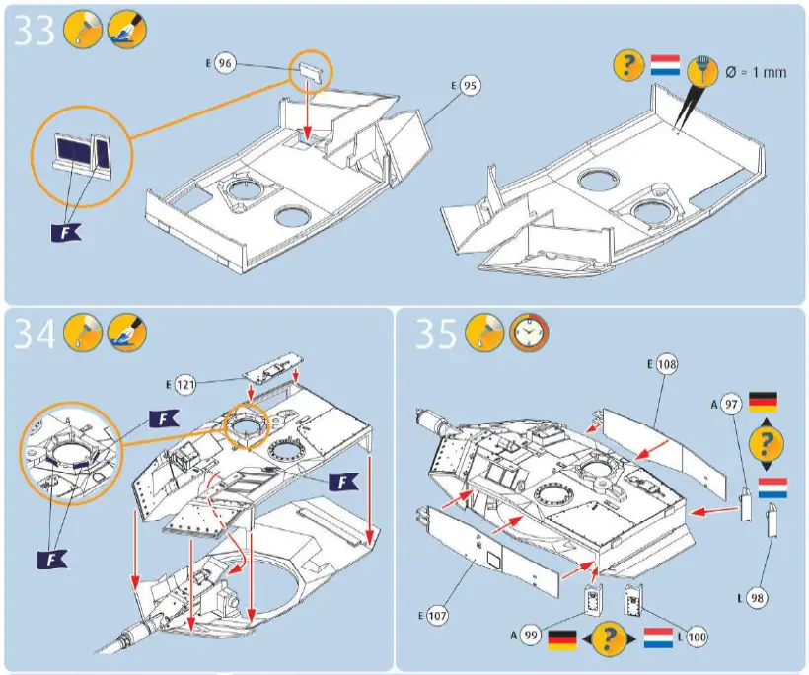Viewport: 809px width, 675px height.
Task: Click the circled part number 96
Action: [226, 64]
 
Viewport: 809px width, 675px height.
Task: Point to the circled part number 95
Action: [470, 86]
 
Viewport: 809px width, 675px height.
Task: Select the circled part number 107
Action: [438, 616]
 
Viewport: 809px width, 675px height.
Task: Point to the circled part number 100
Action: [697, 637]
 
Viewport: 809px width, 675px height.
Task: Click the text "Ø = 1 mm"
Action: [758, 72]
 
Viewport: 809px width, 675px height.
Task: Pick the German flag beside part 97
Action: [764, 402]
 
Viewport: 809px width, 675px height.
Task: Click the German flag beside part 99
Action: [563, 637]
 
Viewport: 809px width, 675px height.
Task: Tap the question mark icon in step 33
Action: [627, 67]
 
